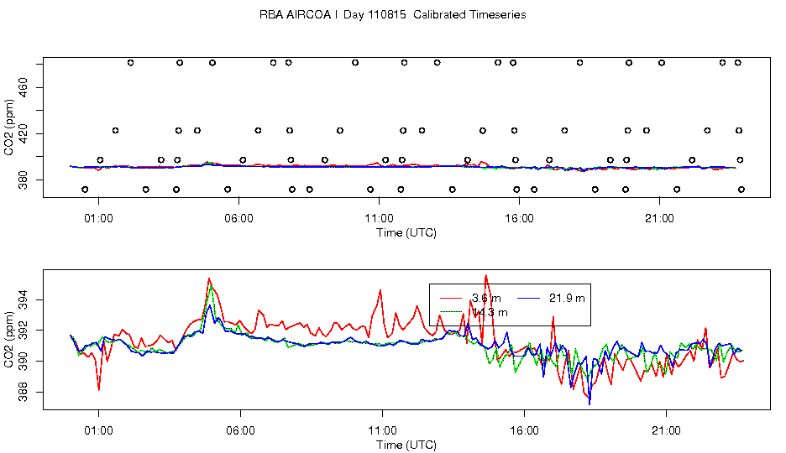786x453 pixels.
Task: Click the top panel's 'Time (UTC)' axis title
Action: pyautogui.click(x=406, y=232)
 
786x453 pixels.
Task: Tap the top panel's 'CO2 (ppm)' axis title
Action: pyautogui.click(x=9, y=127)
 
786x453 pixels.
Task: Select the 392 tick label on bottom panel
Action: pyautogui.click(x=23, y=331)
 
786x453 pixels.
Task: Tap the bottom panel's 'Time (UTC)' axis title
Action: pyautogui.click(x=406, y=445)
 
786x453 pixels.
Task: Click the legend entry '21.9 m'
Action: pyautogui.click(x=568, y=298)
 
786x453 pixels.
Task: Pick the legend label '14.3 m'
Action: pyautogui.click(x=490, y=312)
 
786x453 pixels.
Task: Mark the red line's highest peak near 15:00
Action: pyautogui.click(x=485, y=275)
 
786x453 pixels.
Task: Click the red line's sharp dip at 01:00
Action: pyautogui.click(x=99, y=390)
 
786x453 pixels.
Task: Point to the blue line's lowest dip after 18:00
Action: pyautogui.click(x=589, y=404)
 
